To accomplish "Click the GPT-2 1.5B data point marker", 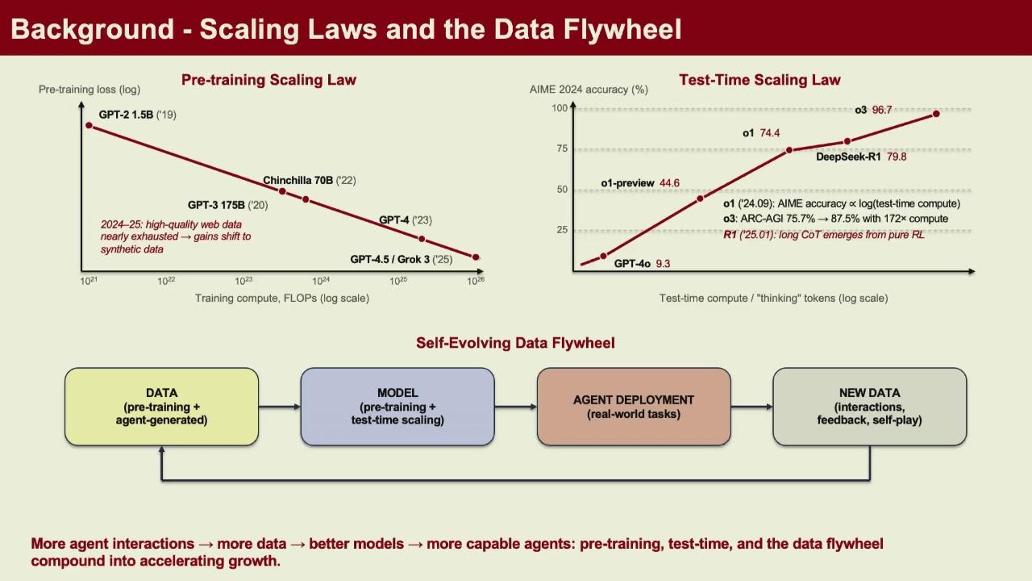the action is tap(89, 125).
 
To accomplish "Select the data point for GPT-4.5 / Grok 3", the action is tap(476, 257).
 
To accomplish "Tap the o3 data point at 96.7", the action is tap(936, 114).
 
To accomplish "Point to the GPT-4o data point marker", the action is tap(604, 256).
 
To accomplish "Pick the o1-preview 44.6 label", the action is tap(640, 183).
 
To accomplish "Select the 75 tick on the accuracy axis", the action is tap(562, 148).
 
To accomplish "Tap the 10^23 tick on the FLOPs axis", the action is tap(243, 281).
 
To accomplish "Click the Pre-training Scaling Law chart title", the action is tap(268, 80).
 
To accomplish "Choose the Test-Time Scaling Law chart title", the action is tap(759, 80).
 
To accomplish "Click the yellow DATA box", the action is tap(162, 407).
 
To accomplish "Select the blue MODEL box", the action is tap(397, 407).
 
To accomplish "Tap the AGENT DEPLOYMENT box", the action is tap(634, 407).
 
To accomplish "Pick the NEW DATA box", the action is tap(870, 407).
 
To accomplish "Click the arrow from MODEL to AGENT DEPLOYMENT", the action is tap(515, 407).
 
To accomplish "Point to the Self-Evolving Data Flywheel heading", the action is tap(515, 343).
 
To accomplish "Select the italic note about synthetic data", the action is tap(176, 236).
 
